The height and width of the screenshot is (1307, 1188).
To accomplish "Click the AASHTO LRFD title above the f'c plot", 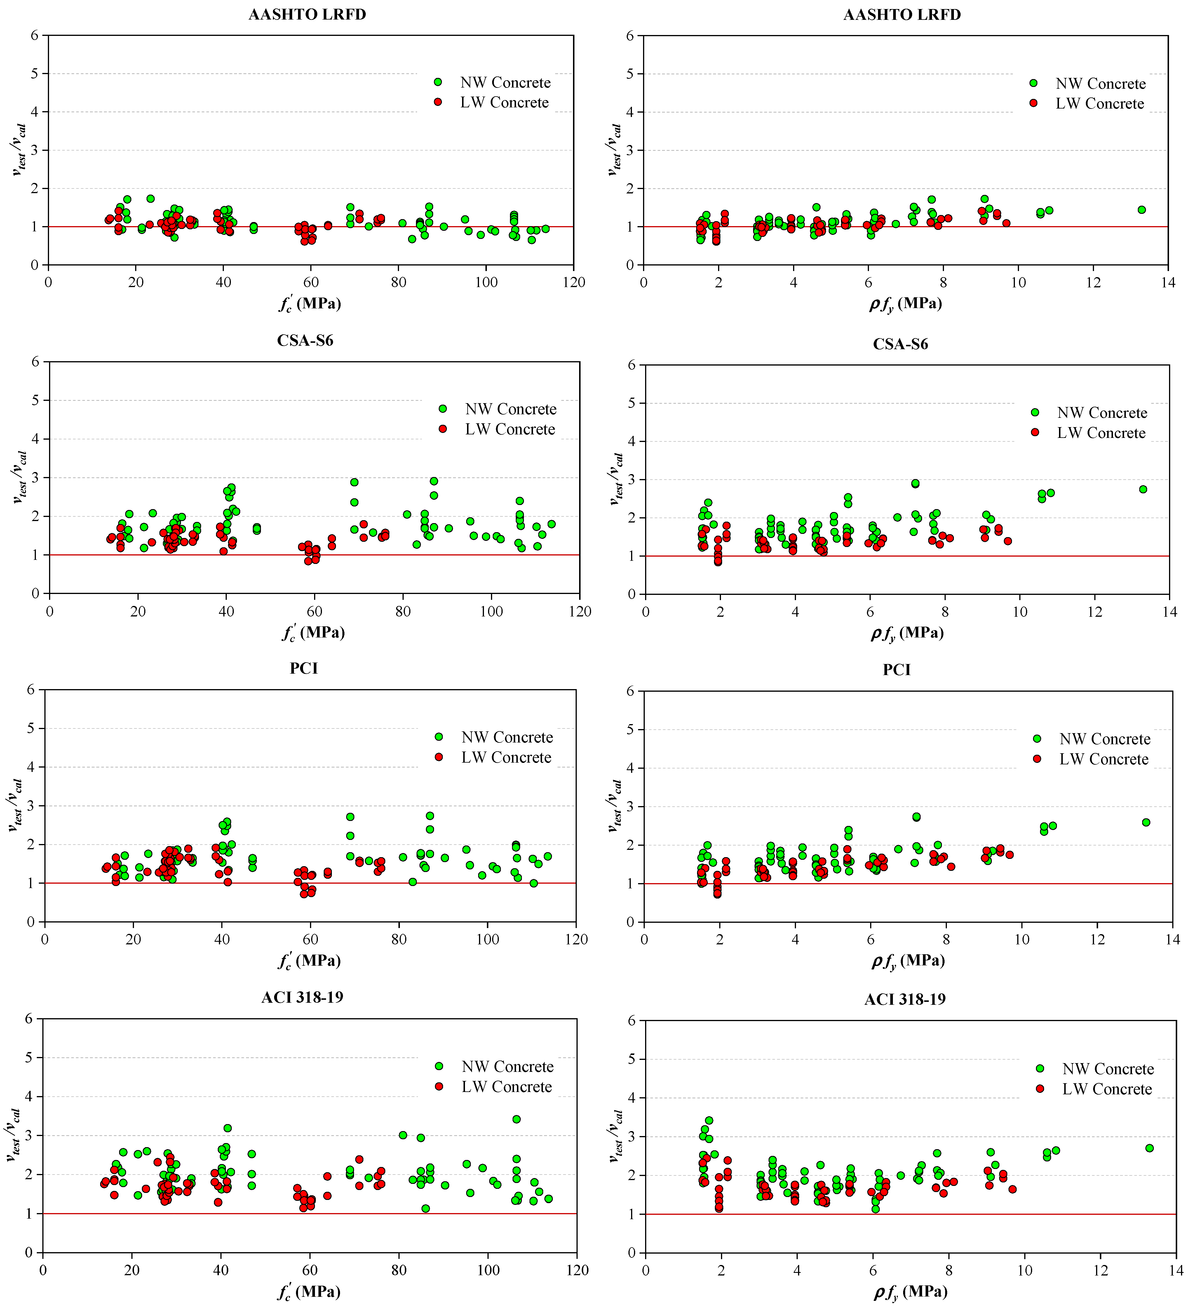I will (x=307, y=14).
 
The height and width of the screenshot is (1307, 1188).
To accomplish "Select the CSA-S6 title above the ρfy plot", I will (x=900, y=344).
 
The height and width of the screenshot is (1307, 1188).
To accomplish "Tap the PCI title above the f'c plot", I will (x=304, y=668).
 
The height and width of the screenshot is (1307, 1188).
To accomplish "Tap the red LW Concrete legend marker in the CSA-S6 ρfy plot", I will (x=1035, y=432).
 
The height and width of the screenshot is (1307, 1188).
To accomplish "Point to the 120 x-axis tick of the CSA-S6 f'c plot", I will (x=580, y=611).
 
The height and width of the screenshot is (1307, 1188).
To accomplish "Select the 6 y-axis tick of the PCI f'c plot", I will (x=30, y=690).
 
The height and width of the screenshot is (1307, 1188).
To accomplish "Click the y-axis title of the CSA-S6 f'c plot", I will (x=20, y=477).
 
